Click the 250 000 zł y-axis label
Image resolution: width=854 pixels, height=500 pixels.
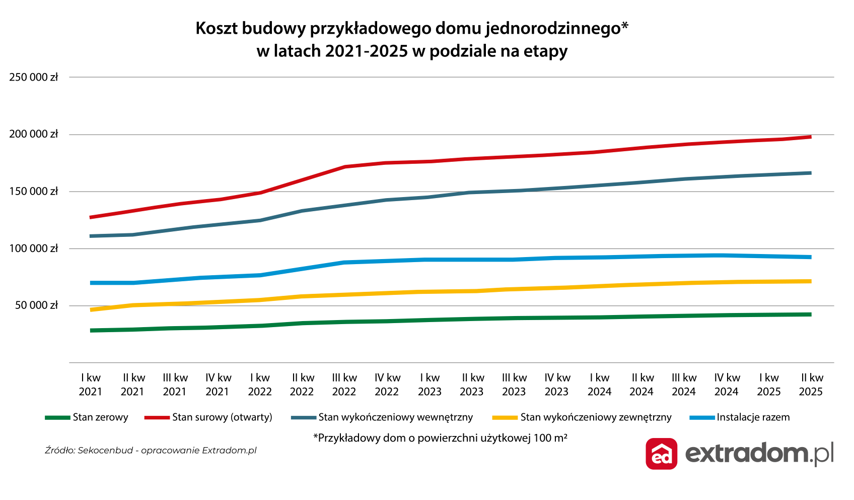(33, 77)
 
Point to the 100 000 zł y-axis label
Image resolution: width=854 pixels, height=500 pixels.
(33, 248)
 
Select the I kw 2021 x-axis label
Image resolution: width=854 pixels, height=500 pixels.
(91, 385)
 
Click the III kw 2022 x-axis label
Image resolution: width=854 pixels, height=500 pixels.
(344, 385)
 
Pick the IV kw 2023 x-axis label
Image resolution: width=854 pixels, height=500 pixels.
(557, 385)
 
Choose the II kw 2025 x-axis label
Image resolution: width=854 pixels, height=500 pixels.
(811, 385)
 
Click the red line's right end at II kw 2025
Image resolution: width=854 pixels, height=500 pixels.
(810, 137)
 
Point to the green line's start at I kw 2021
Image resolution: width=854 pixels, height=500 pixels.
(91, 331)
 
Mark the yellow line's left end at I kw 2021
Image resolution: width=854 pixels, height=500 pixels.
(91, 309)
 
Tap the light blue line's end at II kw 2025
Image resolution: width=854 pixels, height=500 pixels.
(810, 257)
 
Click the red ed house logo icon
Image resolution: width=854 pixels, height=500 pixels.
(661, 454)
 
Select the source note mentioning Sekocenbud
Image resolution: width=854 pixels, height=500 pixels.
(151, 450)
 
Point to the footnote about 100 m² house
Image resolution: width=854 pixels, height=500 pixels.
(440, 437)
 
